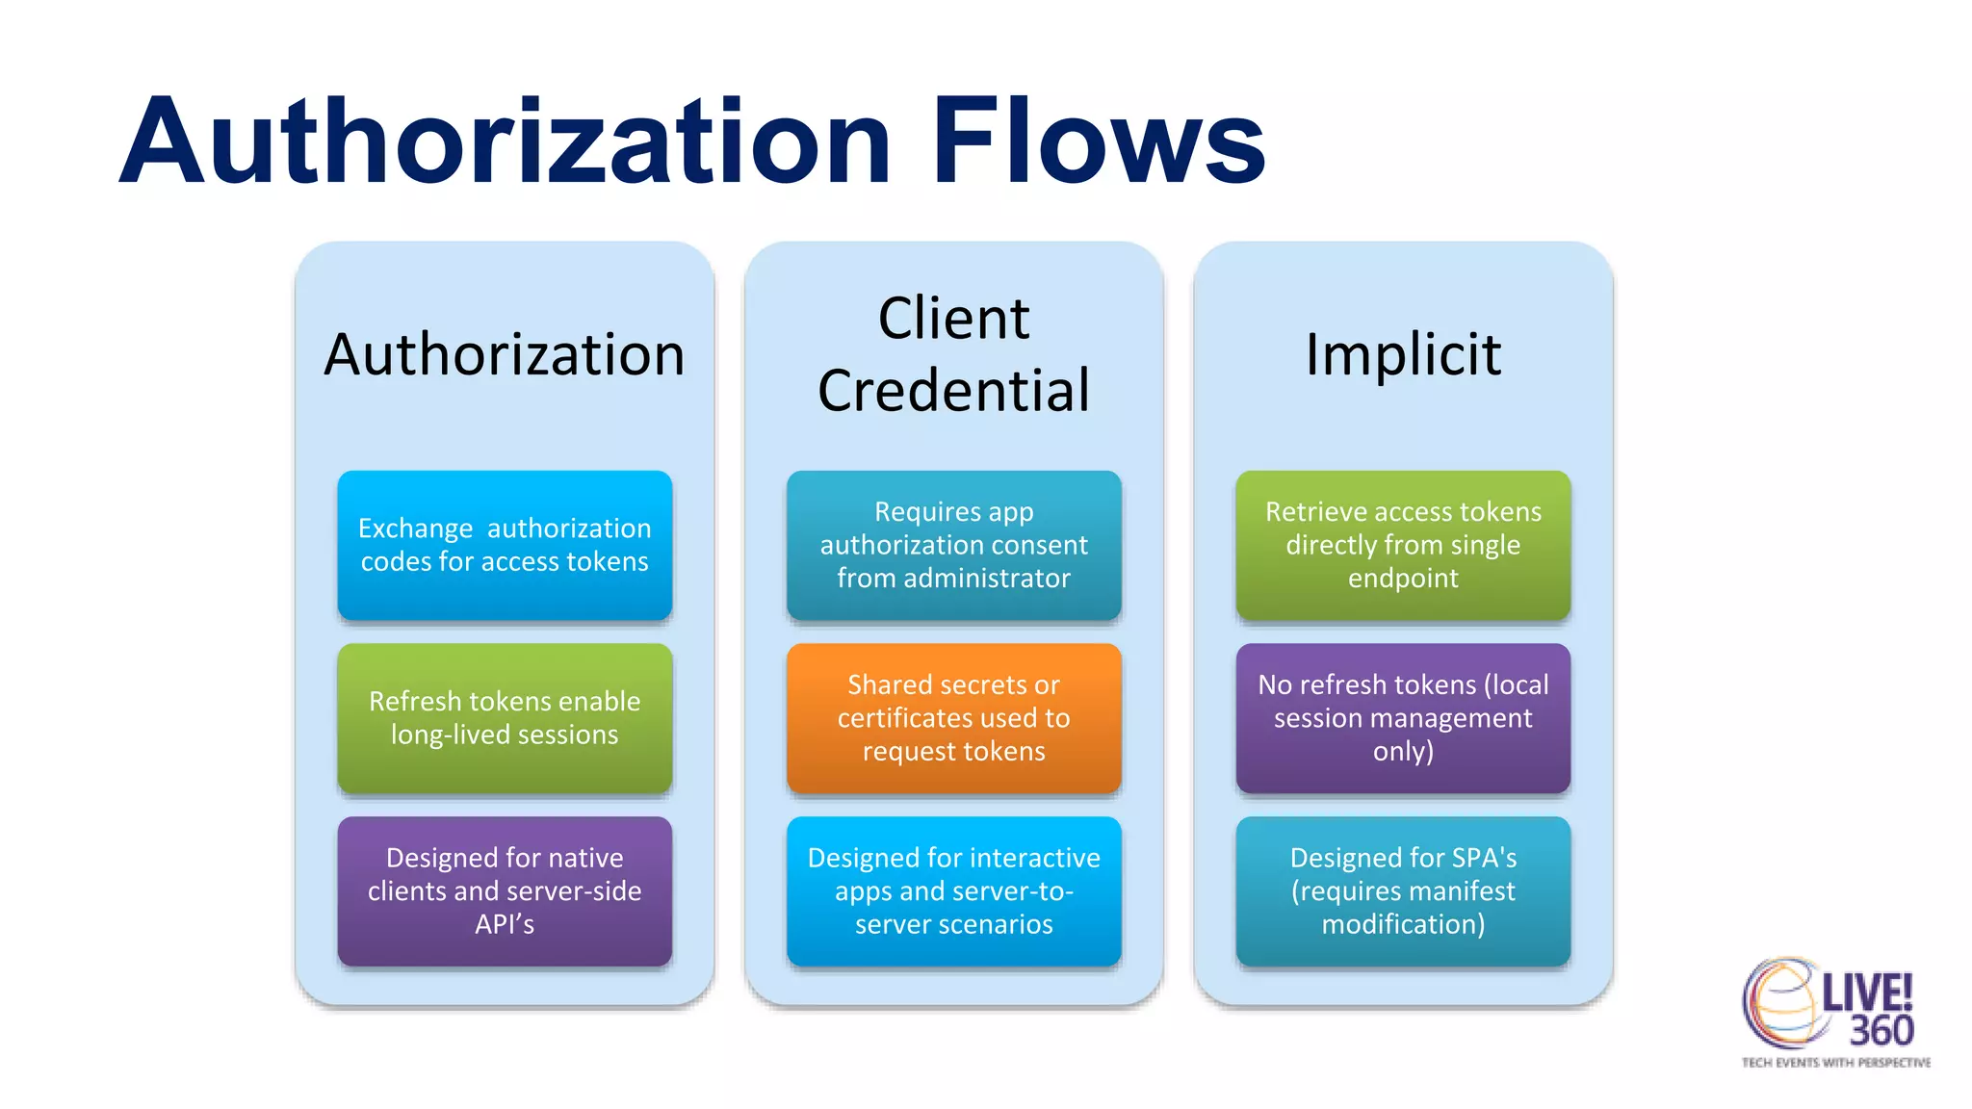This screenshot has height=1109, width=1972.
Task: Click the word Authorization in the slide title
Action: pos(506,142)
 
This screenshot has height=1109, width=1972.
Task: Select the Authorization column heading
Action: pos(505,354)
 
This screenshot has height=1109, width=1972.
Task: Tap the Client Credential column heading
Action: pos(953,354)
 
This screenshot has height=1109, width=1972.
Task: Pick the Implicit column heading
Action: pos(1403,354)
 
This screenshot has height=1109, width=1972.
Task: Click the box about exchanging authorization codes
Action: pos(505,545)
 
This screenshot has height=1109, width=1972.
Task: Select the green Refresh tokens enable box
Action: pos(505,718)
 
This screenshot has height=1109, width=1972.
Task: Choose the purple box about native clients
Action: pos(505,890)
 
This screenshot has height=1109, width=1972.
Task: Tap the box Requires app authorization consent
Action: pos(953,545)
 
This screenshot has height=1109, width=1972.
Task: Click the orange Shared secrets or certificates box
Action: pos(953,718)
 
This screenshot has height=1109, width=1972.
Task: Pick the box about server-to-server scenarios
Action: pos(953,890)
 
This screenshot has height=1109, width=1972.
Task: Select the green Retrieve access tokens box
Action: pos(1403,545)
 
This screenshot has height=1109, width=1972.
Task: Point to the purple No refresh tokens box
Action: pos(1403,718)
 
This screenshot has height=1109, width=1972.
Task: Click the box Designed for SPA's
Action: pos(1403,890)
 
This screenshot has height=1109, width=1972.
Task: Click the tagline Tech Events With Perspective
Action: pos(1835,1063)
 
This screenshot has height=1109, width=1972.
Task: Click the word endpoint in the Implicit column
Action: pos(1403,579)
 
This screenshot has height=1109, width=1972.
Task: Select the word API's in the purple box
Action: pos(505,924)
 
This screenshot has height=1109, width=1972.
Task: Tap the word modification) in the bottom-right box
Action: pos(1403,924)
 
